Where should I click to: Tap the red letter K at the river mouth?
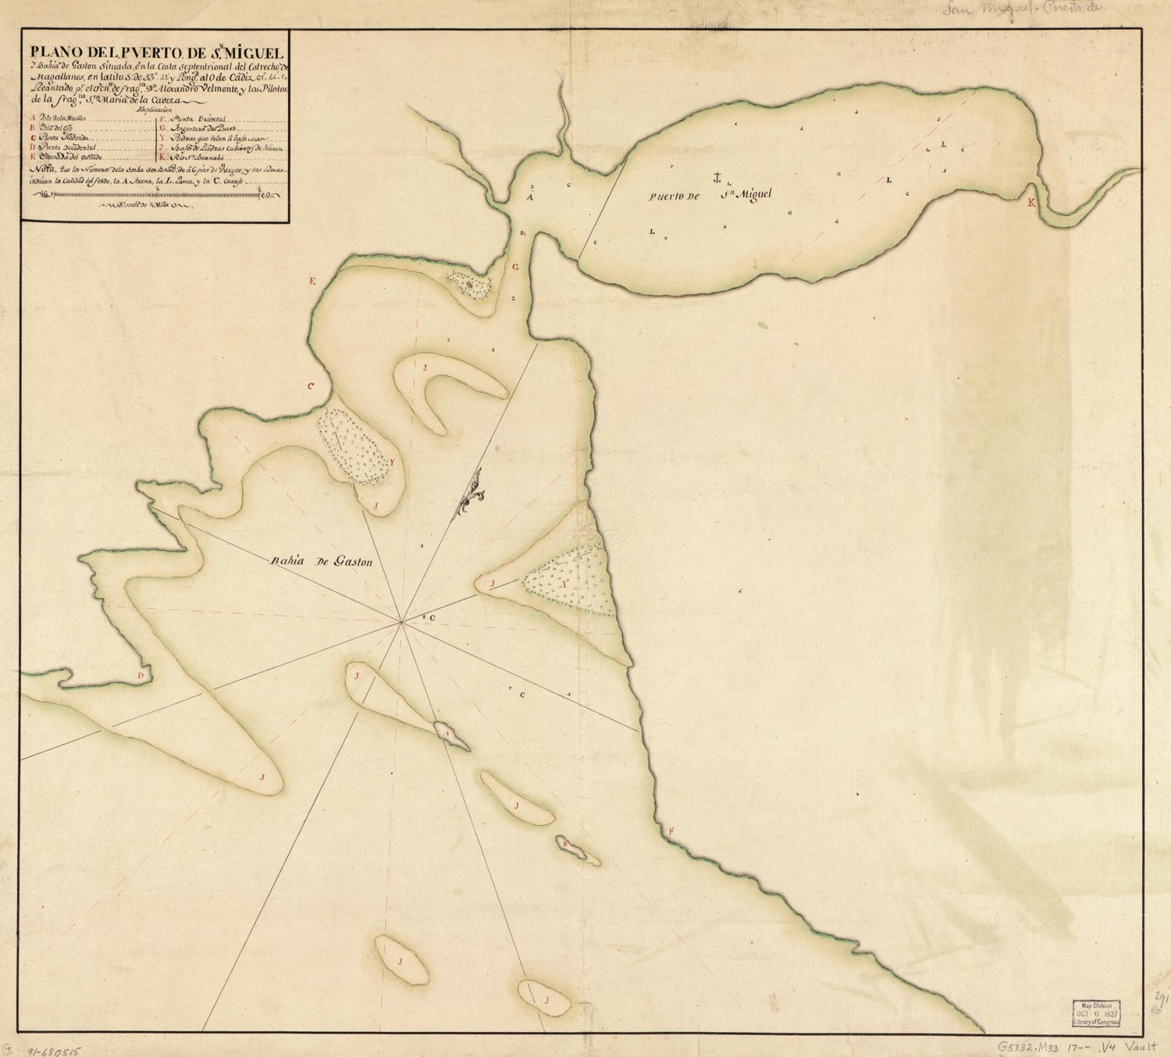coord(1031,202)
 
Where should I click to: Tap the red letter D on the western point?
coord(141,675)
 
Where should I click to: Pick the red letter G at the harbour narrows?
coord(514,267)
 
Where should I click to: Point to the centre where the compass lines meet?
coord(401,622)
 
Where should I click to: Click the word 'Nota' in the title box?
coord(37,169)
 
